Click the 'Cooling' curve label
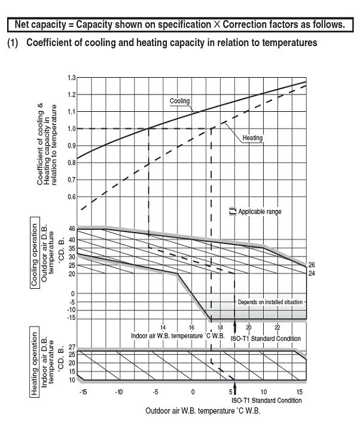click(179, 101)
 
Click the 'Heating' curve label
click(253, 138)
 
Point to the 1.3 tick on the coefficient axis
click(72, 78)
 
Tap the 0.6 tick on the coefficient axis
click(72, 197)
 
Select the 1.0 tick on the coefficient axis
click(72, 129)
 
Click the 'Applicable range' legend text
click(260, 212)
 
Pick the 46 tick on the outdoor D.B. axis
click(71, 229)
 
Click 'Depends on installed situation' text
click(270, 303)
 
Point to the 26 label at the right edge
click(311, 265)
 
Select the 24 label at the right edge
click(311, 273)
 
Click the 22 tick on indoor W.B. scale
click(277, 328)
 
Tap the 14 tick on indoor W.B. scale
click(163, 328)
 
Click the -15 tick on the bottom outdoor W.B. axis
click(82, 391)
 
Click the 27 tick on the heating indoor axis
click(71, 347)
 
